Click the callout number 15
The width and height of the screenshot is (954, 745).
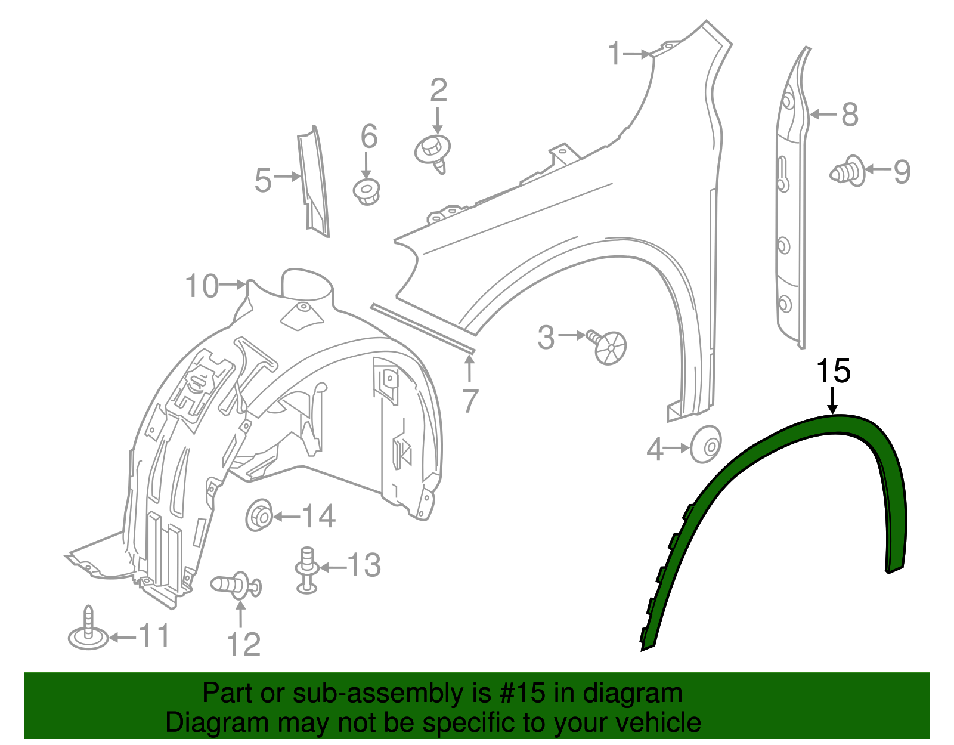[833, 371]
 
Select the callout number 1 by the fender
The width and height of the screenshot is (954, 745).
[615, 54]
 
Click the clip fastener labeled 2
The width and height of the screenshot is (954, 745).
[432, 150]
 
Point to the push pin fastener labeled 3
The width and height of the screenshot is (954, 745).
[608, 346]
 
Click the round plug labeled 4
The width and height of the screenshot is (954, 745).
[706, 444]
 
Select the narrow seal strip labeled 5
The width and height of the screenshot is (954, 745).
[314, 182]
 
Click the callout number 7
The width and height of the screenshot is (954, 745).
[470, 400]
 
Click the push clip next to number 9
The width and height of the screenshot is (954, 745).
[847, 172]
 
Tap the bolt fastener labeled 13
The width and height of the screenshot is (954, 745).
[306, 570]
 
